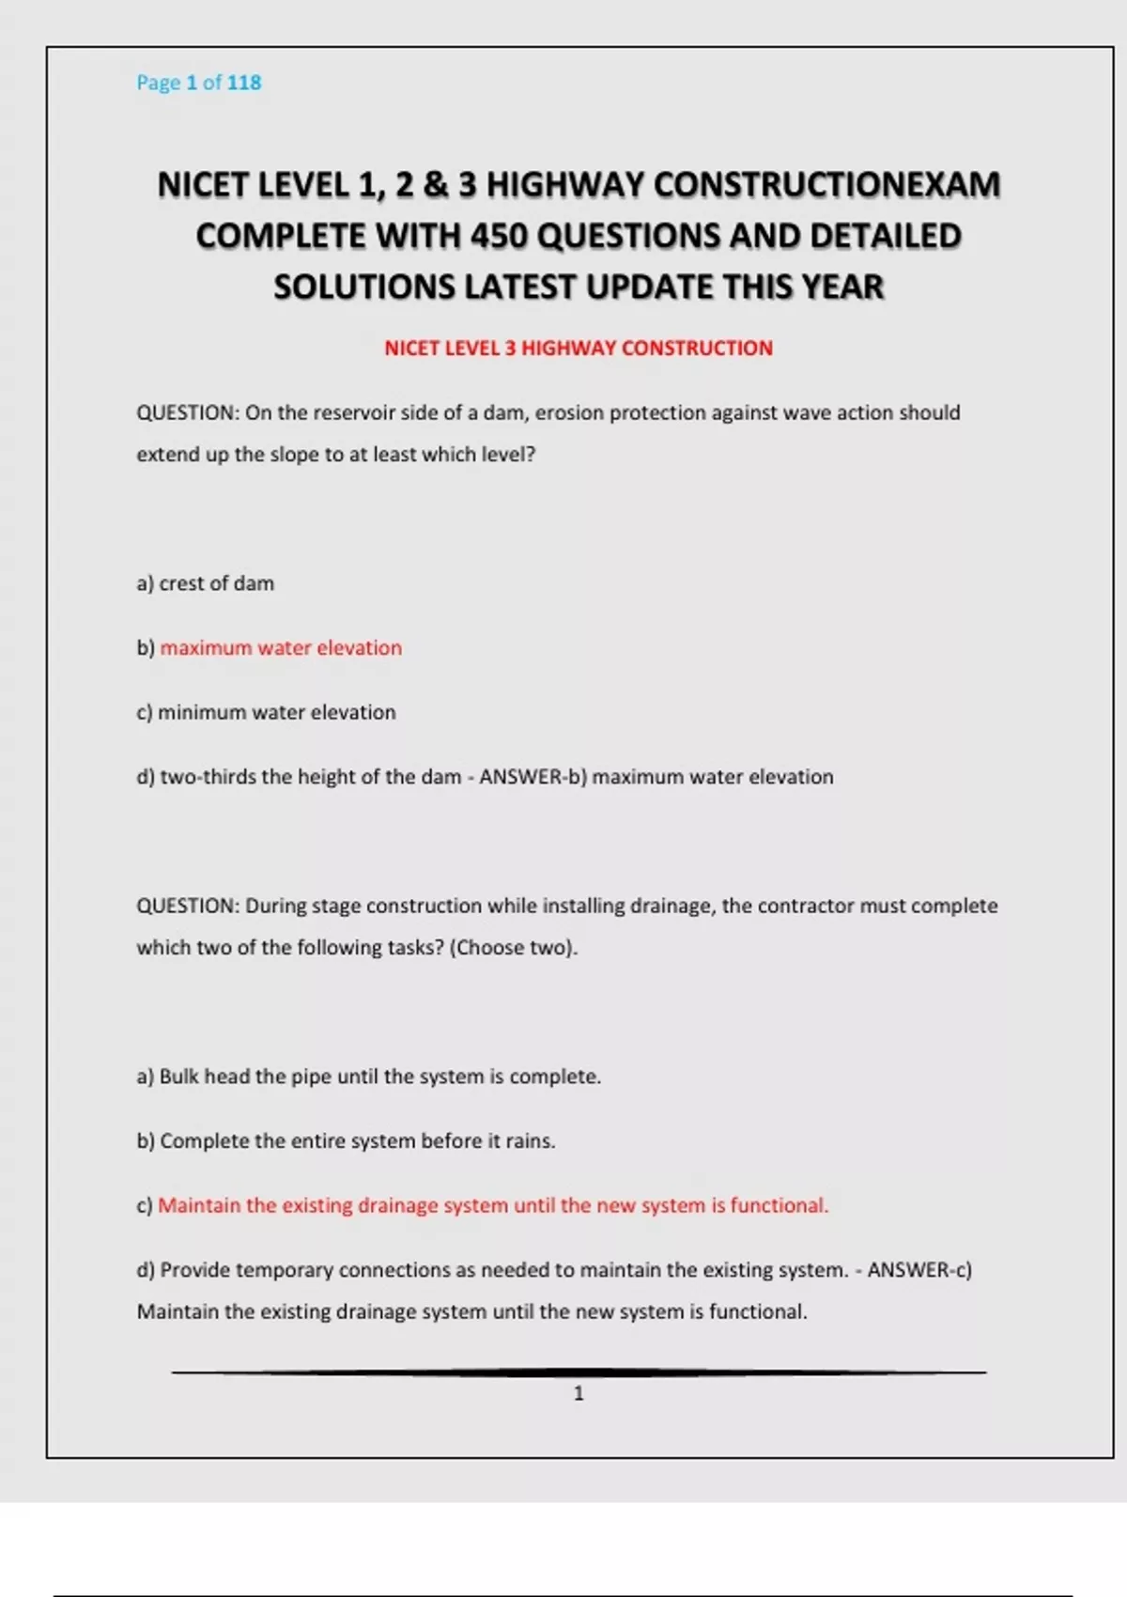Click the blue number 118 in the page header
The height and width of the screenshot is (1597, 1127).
tap(244, 83)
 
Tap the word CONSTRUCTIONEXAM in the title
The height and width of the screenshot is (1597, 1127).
tap(826, 185)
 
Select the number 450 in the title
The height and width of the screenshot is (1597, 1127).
tap(499, 236)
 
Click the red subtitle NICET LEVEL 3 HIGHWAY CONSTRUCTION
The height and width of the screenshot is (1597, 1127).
tap(579, 349)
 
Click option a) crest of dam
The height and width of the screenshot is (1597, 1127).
tap(206, 583)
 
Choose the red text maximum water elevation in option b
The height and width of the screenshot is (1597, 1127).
tap(281, 648)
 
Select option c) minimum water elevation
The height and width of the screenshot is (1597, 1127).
tap(267, 713)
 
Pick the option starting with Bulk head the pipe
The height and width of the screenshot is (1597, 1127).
tap(369, 1077)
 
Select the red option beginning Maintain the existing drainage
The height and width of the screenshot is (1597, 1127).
tap(492, 1206)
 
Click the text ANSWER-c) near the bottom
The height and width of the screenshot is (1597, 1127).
tap(919, 1271)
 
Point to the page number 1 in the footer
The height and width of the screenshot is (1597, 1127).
tap(579, 1394)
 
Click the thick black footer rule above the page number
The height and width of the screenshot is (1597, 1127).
tap(579, 1372)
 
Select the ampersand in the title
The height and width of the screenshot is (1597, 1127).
tap(435, 185)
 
